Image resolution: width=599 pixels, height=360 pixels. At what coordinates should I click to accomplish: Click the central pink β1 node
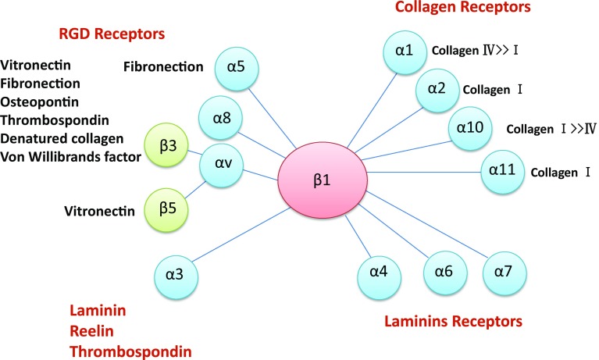[x=323, y=179]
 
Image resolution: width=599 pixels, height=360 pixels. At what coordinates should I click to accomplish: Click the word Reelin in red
[x=94, y=331]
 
